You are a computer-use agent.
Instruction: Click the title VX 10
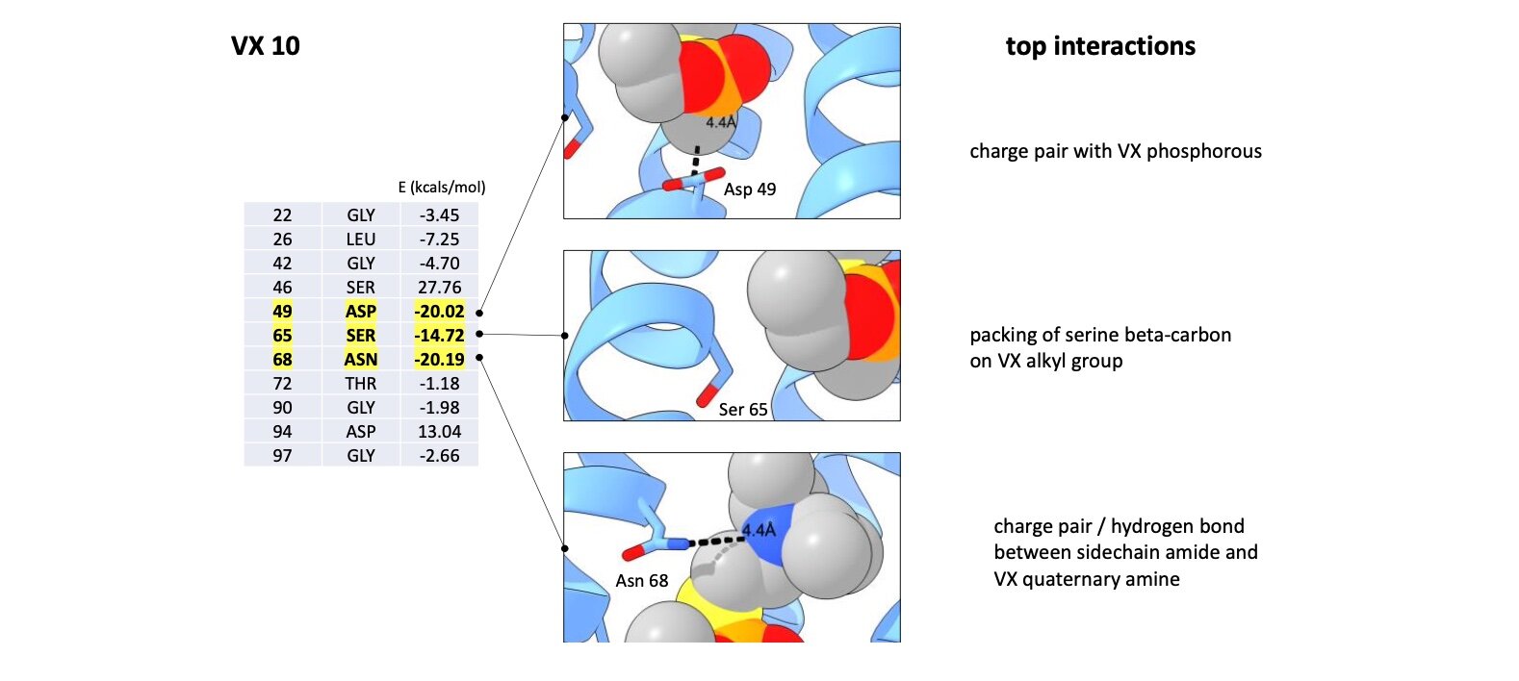point(265,46)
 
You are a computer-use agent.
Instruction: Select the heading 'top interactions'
point(1100,46)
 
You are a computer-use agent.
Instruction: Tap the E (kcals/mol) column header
point(442,188)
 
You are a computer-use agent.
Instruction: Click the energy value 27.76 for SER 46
point(439,288)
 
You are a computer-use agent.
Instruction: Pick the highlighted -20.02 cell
point(439,312)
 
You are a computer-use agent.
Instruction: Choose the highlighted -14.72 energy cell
point(439,336)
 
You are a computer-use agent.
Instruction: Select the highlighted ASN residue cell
point(361,360)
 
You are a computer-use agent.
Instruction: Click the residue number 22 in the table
point(282,215)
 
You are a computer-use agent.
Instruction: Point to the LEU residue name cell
point(361,240)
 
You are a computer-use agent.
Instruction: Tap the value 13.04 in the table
point(439,432)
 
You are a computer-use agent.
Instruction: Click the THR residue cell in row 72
point(361,384)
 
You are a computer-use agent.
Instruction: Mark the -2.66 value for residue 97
point(439,456)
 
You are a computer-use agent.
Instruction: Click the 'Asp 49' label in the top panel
point(750,189)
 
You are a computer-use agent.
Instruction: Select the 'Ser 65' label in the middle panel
point(743,410)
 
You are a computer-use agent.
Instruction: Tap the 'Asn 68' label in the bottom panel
point(642,581)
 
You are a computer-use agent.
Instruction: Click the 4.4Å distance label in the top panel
point(720,122)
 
